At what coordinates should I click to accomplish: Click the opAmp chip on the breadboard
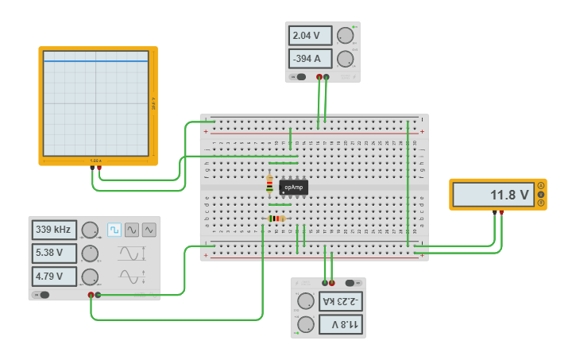(x=293, y=188)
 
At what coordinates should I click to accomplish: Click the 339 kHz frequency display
(x=54, y=230)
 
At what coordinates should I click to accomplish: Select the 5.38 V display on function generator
(x=54, y=254)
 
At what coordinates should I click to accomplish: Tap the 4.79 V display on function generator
(x=54, y=277)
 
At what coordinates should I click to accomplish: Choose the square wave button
(x=114, y=230)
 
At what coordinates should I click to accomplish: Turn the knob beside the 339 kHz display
(x=90, y=230)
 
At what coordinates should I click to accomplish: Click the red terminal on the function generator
(x=91, y=295)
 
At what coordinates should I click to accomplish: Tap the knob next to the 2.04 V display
(x=345, y=36)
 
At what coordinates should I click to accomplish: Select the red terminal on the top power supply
(x=319, y=77)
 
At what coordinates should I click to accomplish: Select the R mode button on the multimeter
(x=541, y=203)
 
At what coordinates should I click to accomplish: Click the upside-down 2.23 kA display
(x=341, y=300)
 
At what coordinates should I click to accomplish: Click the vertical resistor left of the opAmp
(x=269, y=184)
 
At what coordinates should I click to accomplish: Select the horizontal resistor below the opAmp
(x=276, y=219)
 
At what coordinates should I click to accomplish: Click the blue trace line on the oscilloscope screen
(x=95, y=61)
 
